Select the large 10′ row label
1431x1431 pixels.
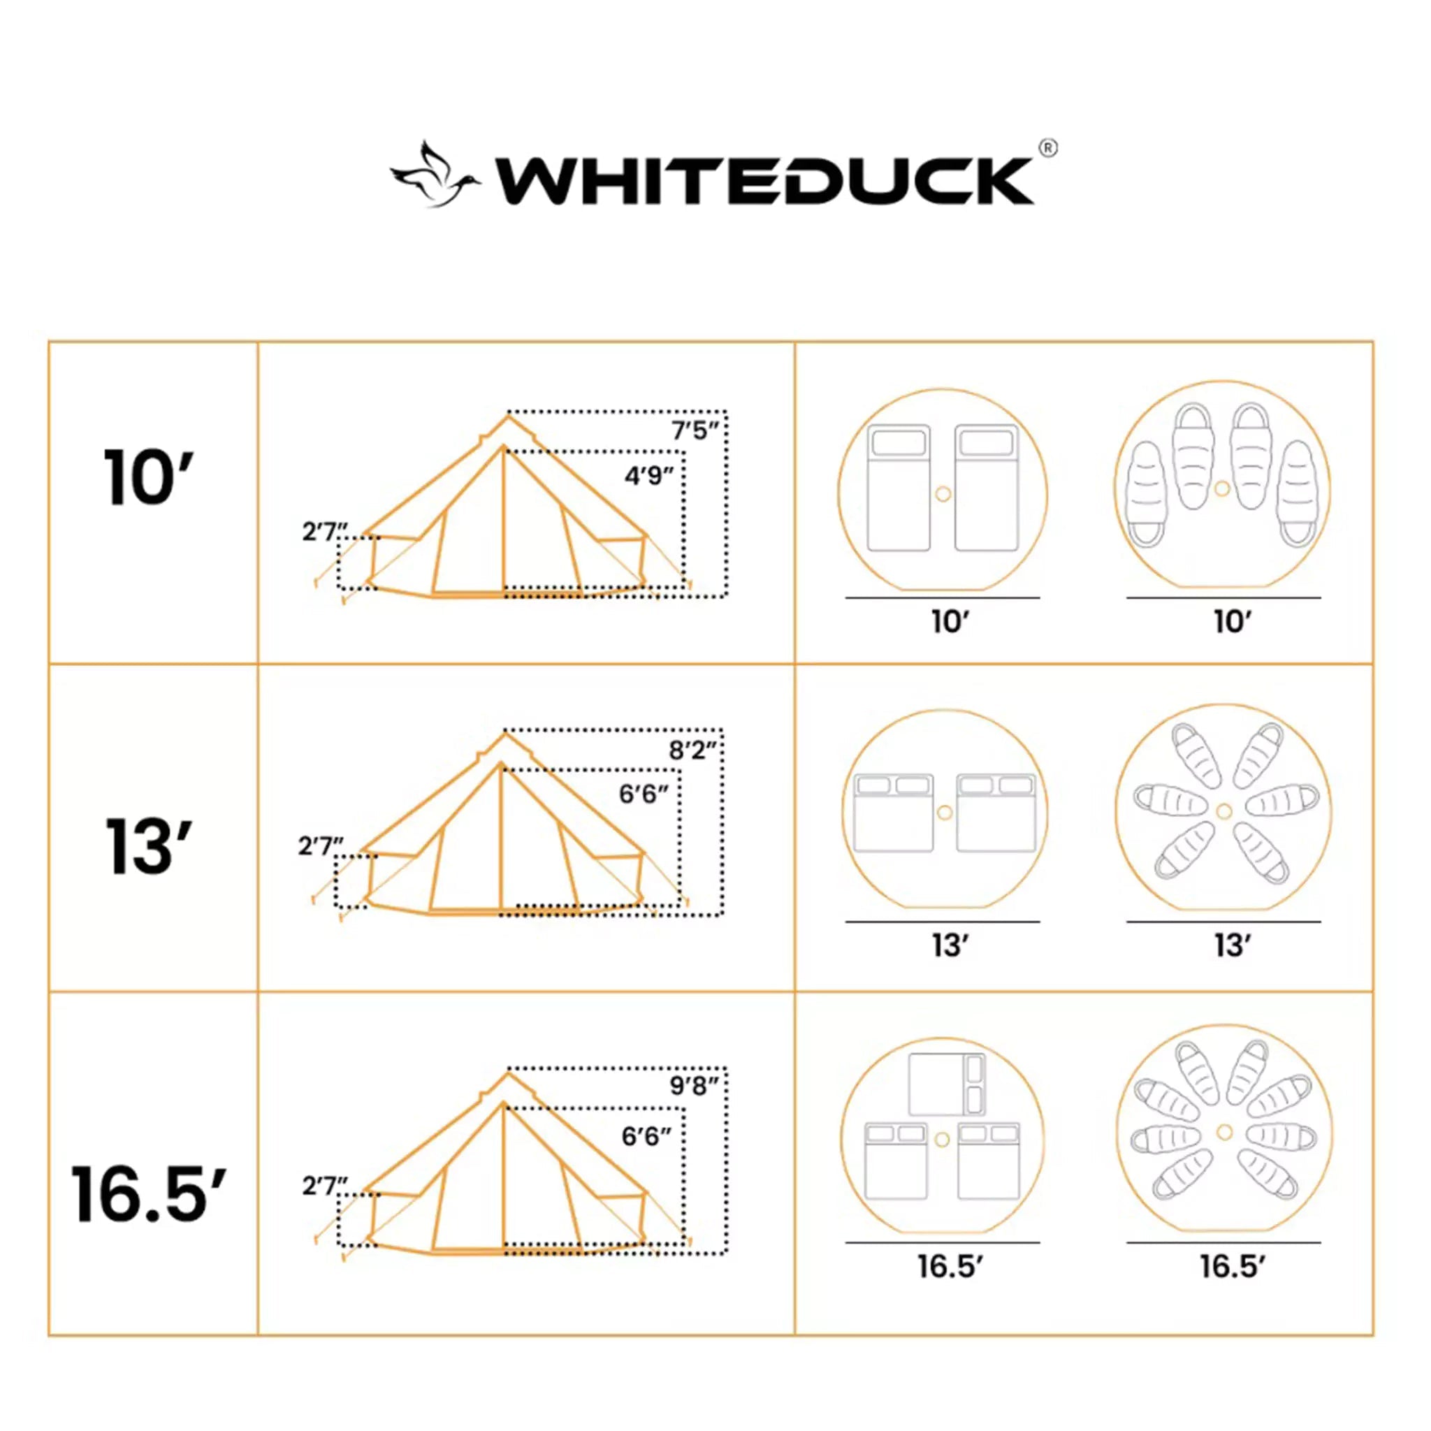point(148,479)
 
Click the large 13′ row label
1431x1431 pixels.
point(148,846)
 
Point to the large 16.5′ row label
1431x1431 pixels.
point(148,1194)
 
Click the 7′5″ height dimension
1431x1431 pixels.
point(694,430)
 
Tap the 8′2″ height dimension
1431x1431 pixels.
point(692,750)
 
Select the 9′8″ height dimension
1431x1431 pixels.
point(693,1086)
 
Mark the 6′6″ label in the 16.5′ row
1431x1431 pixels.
point(646,1136)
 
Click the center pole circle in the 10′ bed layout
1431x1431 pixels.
point(943,493)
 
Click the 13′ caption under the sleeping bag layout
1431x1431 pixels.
point(1232,946)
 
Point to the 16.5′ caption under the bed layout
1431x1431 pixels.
point(950,1267)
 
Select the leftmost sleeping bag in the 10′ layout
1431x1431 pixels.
point(1146,494)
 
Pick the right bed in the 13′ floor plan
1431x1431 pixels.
point(996,813)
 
